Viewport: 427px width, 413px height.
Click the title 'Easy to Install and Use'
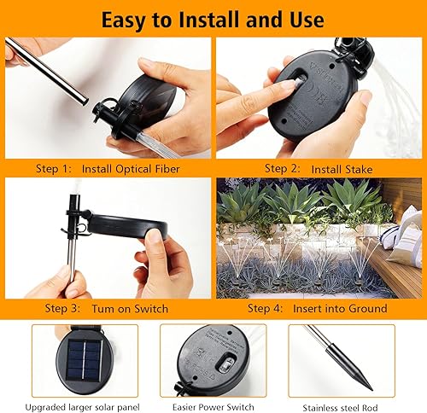pyautogui.click(x=213, y=18)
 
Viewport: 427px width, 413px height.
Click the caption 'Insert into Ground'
pyautogui.click(x=340, y=308)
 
